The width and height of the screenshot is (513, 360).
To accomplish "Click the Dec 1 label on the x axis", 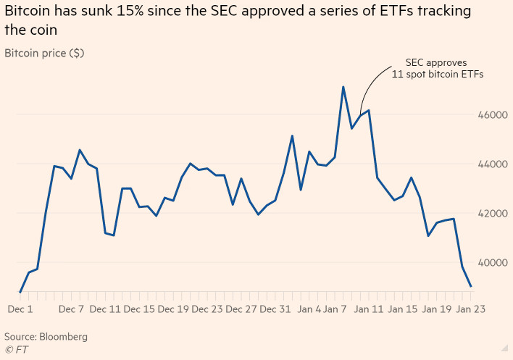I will coord(20,309).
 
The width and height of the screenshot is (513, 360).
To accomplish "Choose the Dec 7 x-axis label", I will coord(71,309).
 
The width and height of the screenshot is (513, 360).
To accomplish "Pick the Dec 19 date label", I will coord(172,309).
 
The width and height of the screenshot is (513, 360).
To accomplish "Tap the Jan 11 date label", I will coord(368,309).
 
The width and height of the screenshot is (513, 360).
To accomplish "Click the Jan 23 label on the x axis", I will coord(470,309).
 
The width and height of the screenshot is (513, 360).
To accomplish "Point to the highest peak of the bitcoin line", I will coord(343,87).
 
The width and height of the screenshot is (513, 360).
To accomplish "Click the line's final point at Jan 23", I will coord(471,286).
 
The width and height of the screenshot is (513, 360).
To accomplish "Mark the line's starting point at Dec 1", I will coord(20,292).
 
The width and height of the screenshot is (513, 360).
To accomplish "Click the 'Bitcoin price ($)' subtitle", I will coord(43,54).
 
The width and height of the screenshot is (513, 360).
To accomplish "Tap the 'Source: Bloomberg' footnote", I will coord(46,337).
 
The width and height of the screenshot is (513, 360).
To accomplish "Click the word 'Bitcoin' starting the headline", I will coord(28,12).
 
